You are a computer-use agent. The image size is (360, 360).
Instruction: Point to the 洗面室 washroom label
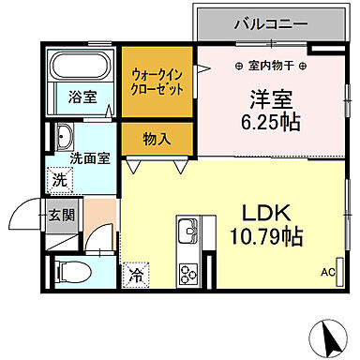point(89,157)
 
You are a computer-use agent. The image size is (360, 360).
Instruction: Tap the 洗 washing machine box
point(58,179)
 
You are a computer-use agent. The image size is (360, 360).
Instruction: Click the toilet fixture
point(71,273)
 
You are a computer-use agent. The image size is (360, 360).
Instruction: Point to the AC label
point(327,272)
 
